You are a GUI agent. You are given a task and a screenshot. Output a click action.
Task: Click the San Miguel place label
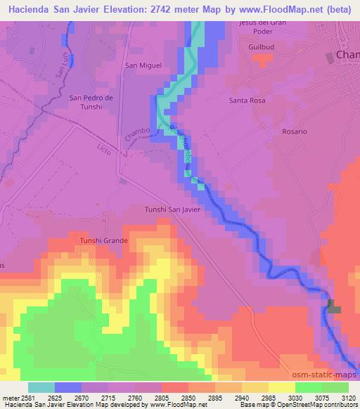(143, 65)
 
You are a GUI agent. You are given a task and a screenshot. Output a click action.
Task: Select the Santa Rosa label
(246, 100)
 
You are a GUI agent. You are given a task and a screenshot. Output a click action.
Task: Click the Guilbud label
(259, 46)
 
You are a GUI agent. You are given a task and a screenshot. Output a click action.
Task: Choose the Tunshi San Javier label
(173, 209)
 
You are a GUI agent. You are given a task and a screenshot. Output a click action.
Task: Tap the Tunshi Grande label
(103, 240)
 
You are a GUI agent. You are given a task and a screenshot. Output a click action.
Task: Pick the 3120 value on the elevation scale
(347, 397)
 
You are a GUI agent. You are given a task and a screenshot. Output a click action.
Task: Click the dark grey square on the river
(333, 306)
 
